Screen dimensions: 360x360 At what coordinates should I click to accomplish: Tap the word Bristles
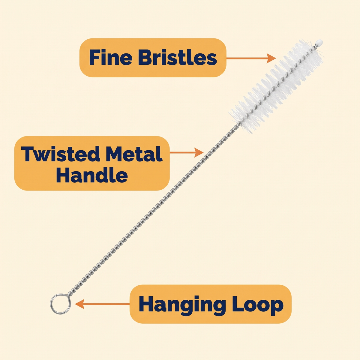pos(178,57)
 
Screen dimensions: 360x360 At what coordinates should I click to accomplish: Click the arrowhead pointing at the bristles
pos(271,58)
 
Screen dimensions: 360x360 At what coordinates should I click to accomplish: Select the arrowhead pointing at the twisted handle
pos(199,152)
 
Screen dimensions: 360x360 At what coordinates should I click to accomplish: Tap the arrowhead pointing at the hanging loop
pos(80,304)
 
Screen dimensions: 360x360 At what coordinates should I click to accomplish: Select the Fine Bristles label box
pos(153,58)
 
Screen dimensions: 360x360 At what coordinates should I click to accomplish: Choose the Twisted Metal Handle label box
pos(92,163)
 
